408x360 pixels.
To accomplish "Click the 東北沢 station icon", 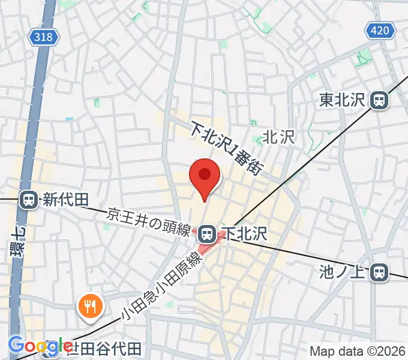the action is pos(379,100).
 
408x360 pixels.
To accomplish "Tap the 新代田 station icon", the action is pos(28,200).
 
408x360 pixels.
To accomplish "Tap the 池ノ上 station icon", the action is pos(379,272).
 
